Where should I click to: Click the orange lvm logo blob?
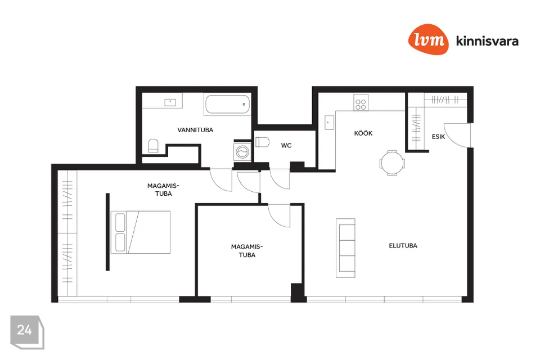(429, 39)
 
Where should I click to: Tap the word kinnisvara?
(487, 40)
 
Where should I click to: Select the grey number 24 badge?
(27, 332)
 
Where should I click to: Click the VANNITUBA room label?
(195, 130)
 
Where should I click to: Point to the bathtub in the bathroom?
(227, 105)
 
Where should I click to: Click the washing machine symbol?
(242, 151)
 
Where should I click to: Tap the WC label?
(286, 145)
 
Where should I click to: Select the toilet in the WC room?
(262, 142)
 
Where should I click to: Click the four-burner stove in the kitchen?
(361, 103)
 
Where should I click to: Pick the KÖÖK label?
(363, 133)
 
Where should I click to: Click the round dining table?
(392, 163)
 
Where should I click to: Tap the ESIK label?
(438, 137)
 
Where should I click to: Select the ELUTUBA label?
(403, 246)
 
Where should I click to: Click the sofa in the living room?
(345, 248)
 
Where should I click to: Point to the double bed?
(141, 232)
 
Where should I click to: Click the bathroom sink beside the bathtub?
(170, 102)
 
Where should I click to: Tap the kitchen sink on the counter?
(329, 122)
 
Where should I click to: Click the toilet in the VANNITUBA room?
(153, 146)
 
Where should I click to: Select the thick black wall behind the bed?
(107, 232)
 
